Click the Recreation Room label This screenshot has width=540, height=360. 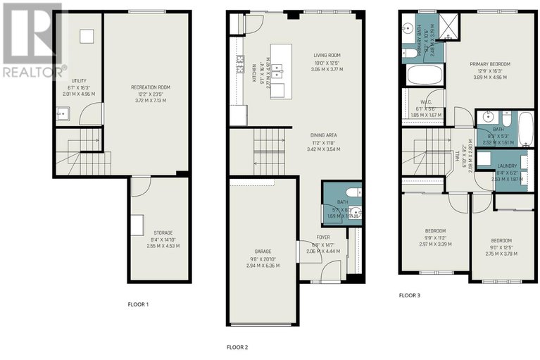tap(150, 87)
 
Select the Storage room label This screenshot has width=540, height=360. tap(163, 232)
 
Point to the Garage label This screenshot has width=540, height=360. tap(263, 252)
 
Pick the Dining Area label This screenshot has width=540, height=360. tap(324, 135)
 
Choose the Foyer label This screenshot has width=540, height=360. tap(323, 237)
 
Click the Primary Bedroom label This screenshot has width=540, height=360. tap(490, 64)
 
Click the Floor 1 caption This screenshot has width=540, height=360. tap(137, 304)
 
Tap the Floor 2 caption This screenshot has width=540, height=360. tap(237, 347)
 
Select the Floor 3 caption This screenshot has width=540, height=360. tap(409, 295)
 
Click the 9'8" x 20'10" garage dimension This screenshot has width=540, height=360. tap(263, 259)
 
